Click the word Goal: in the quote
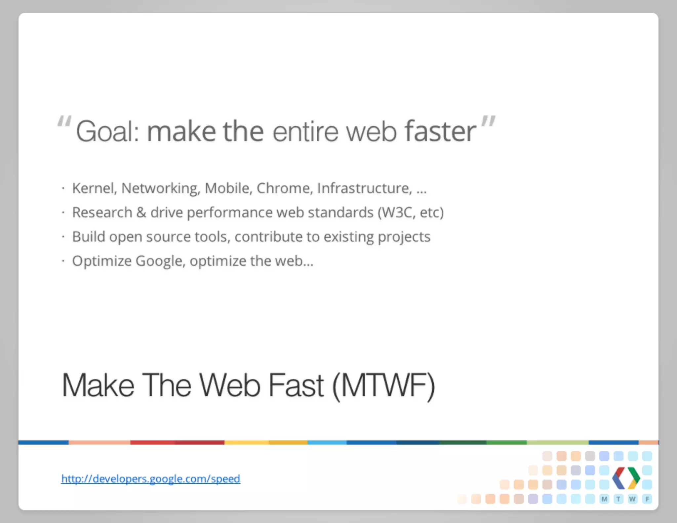pyautogui.click(x=108, y=132)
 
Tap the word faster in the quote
pyautogui.click(x=440, y=131)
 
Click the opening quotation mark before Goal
pyautogui.click(x=64, y=121)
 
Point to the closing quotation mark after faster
pyautogui.click(x=488, y=121)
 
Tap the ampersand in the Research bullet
pyautogui.click(x=141, y=212)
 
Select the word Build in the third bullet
pyautogui.click(x=89, y=237)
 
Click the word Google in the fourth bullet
pyautogui.click(x=160, y=261)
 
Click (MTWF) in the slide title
pyautogui.click(x=383, y=386)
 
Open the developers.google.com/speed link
pyautogui.click(x=151, y=479)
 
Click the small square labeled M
pyautogui.click(x=604, y=499)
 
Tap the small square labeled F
pyautogui.click(x=647, y=499)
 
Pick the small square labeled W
pyautogui.click(x=632, y=499)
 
